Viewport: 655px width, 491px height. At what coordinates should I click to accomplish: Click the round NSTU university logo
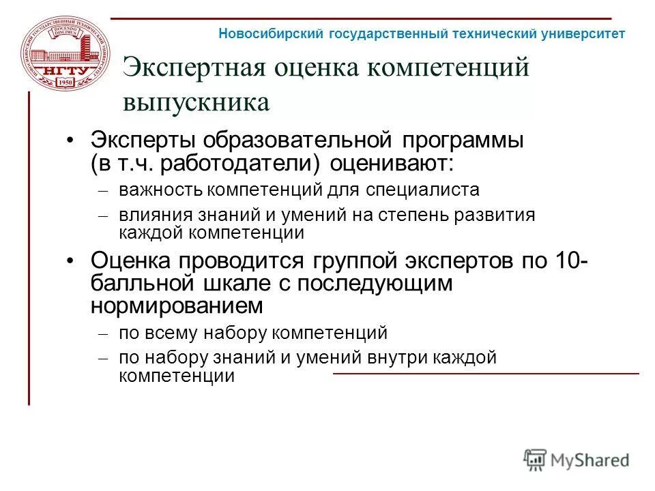click(x=65, y=54)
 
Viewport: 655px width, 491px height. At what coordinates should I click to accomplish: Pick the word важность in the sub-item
click(x=161, y=189)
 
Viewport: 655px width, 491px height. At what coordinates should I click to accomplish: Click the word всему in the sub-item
click(x=171, y=333)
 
